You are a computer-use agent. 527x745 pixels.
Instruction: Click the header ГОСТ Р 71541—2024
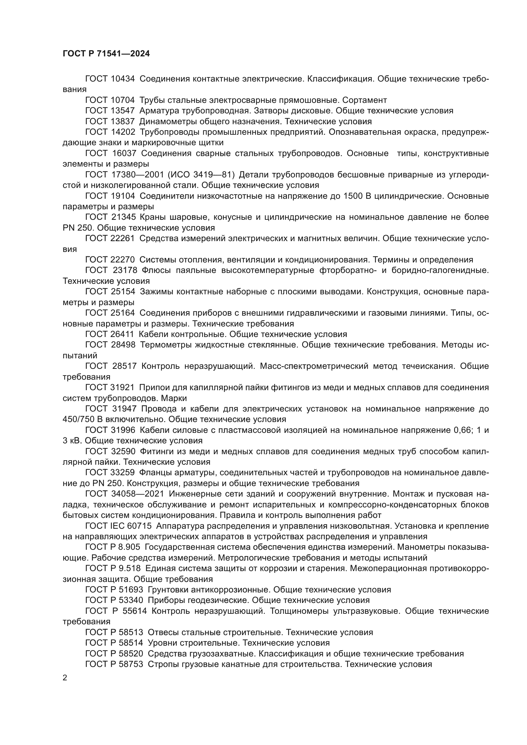point(106,54)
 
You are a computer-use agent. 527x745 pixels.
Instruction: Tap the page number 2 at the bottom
point(65,678)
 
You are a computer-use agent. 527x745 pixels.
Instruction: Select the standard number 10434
point(122,79)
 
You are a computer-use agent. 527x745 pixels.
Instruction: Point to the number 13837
point(122,122)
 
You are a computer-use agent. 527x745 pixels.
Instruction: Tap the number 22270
point(122,260)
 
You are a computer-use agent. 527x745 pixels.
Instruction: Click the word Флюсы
point(155,271)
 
